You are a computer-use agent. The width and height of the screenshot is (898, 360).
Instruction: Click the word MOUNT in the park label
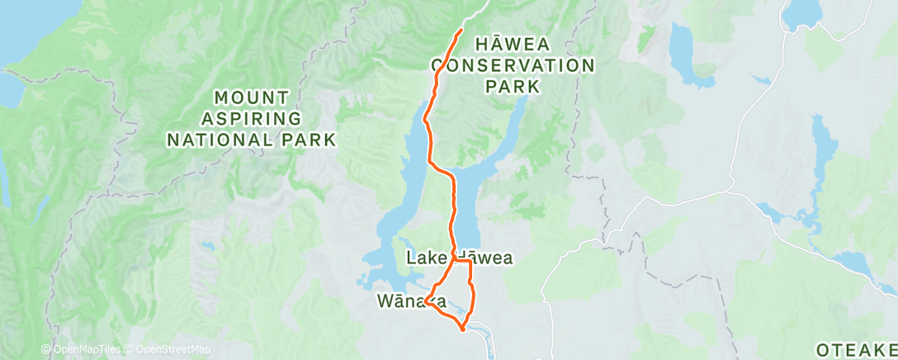251,97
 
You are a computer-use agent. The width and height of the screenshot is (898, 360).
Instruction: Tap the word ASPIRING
251,119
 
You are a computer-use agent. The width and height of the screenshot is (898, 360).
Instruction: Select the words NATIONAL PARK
251,140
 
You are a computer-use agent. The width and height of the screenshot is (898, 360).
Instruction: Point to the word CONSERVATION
513,65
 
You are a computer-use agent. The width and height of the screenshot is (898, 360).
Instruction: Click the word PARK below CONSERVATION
513,86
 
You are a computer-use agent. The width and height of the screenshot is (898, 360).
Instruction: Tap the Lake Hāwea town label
459,258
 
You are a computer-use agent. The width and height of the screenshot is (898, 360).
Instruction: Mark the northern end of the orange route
460,31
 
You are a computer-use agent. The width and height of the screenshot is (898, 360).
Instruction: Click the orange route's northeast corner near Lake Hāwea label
469,261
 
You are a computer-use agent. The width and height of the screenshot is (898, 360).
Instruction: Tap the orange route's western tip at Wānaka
427,304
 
